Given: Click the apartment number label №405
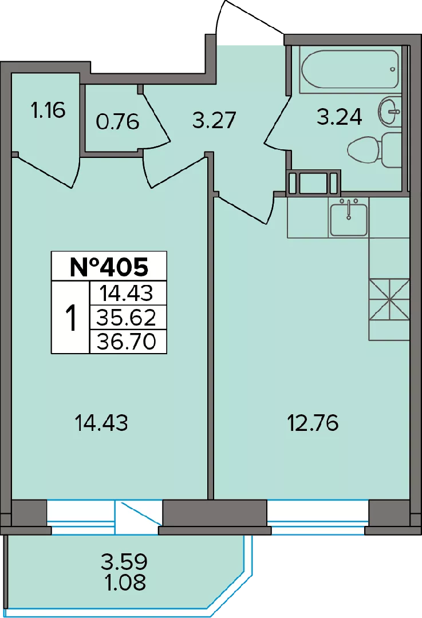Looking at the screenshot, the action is pyautogui.click(x=109, y=267).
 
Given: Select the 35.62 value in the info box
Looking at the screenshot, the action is pyautogui.click(x=127, y=317).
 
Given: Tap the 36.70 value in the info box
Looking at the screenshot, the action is pyautogui.click(x=127, y=341).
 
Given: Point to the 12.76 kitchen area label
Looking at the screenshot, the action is pyautogui.click(x=313, y=423).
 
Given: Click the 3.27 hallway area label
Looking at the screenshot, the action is pyautogui.click(x=214, y=120).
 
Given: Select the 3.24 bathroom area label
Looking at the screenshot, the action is pyautogui.click(x=340, y=117).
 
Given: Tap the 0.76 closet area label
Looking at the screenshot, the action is pyautogui.click(x=117, y=122).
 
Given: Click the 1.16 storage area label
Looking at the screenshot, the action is pyautogui.click(x=48, y=110).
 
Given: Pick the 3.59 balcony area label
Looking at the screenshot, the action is pyautogui.click(x=124, y=561).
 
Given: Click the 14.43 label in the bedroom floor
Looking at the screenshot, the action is pyautogui.click(x=101, y=423).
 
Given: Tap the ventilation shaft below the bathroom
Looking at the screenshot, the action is pyautogui.click(x=314, y=183).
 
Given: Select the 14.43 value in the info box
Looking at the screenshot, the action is pyautogui.click(x=126, y=293).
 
